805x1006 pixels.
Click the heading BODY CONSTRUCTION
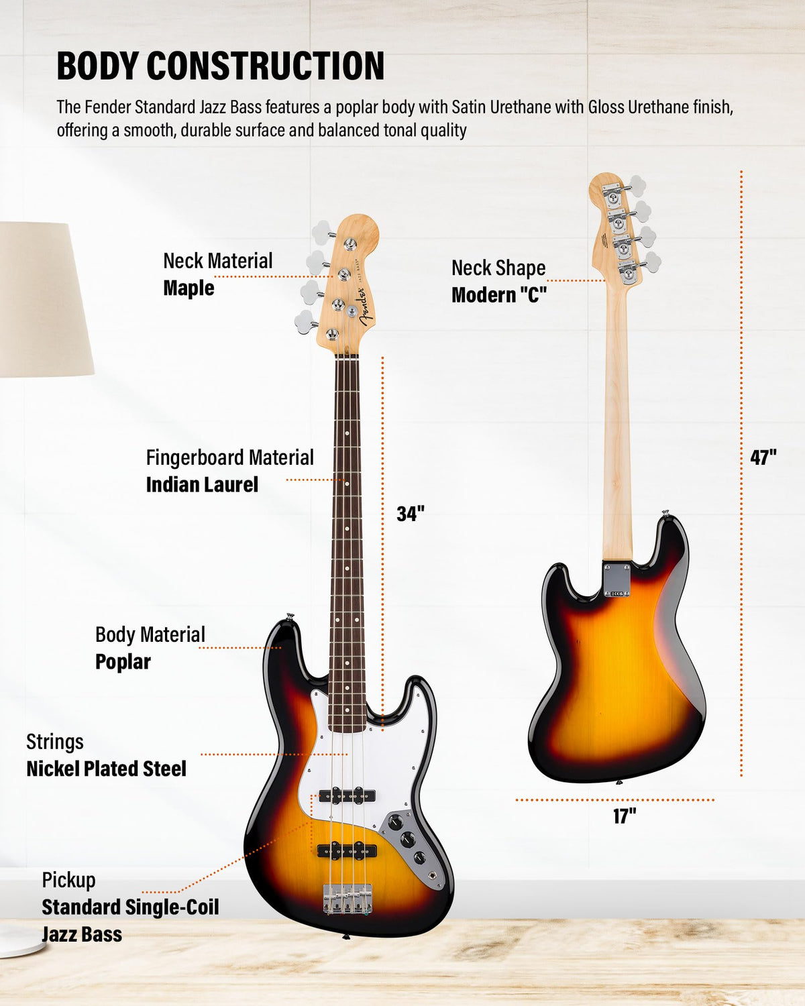point(220,66)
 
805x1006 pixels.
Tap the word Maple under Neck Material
point(189,288)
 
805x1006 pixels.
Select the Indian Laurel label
point(202,484)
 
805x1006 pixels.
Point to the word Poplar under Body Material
point(123,662)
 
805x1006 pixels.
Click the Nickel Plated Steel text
point(106,769)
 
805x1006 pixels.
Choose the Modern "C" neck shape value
point(499,295)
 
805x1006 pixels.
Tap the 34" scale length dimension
point(411,514)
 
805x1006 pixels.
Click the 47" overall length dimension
point(763,457)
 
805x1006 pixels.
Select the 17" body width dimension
point(625,816)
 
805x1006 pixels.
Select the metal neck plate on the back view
point(617,580)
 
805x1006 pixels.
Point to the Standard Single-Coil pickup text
point(131,907)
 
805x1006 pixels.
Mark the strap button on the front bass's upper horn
point(290,616)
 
